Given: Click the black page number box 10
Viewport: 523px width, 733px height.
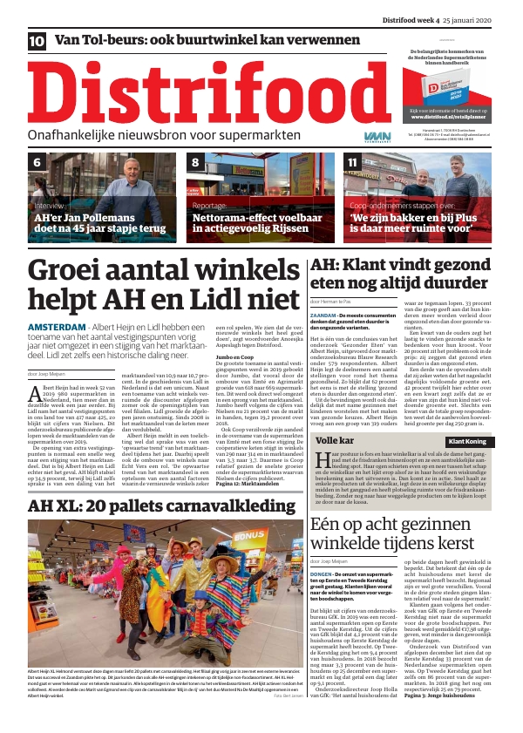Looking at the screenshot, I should click(x=37, y=41).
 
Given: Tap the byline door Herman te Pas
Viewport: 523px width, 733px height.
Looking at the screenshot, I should click(x=335, y=301).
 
